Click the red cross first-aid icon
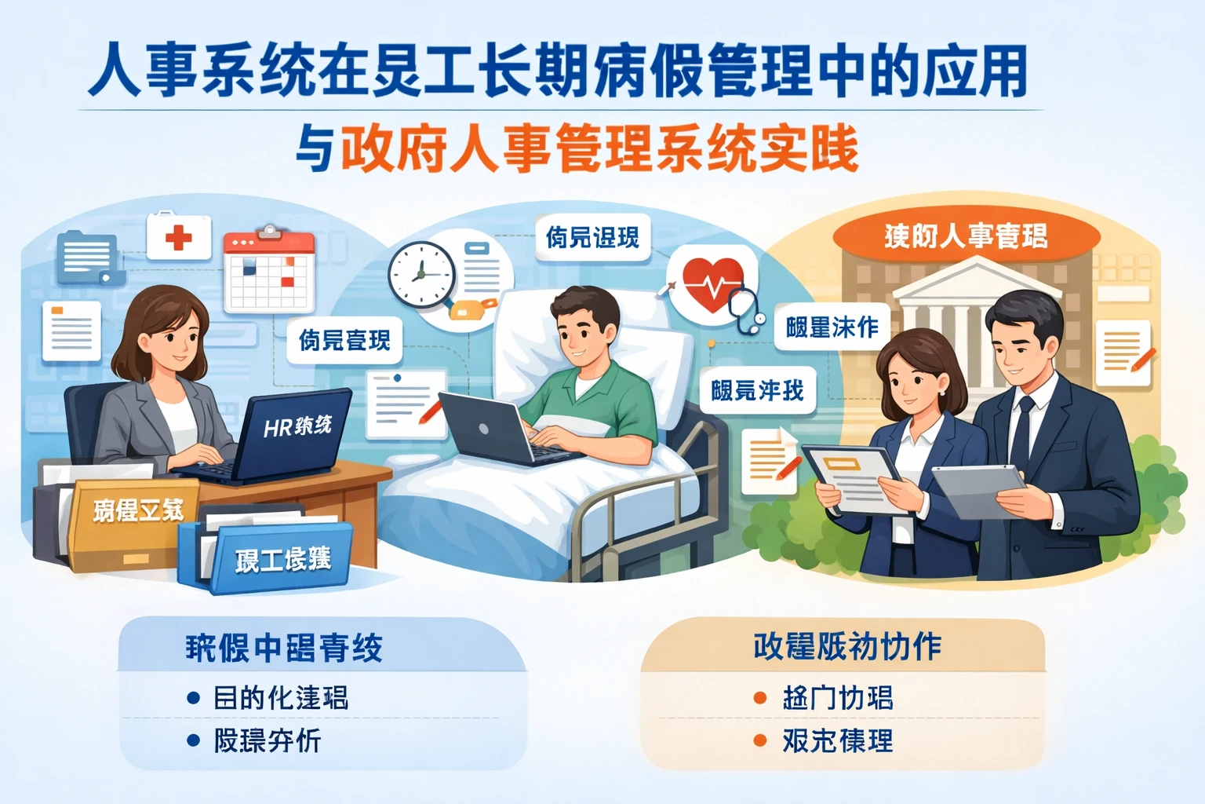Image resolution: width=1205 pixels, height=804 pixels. click(179, 236)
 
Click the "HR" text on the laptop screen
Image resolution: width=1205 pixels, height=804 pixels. click(278, 429)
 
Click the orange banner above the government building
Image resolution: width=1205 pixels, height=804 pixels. click(966, 235)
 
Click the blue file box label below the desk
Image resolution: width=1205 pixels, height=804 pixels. click(282, 558)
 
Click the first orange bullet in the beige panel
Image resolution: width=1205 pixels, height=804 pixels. click(759, 697)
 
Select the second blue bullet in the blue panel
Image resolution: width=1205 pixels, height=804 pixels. click(193, 740)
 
